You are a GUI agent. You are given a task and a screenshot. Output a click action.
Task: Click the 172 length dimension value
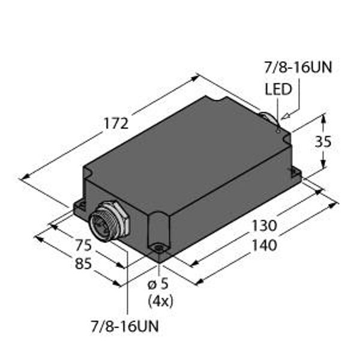click(116, 123)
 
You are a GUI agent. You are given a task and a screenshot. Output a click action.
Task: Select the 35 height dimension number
click(323, 142)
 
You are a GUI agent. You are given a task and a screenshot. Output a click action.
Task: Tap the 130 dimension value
click(265, 226)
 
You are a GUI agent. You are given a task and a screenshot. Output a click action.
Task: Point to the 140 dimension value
click(265, 245)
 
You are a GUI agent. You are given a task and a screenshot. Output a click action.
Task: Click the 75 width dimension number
click(83, 245)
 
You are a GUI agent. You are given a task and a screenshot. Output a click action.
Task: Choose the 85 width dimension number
click(83, 263)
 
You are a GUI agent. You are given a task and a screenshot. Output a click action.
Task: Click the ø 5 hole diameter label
click(158, 284)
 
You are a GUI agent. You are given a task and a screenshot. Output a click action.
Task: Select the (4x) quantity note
click(160, 301)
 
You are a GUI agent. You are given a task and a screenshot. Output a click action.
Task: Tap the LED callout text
click(278, 89)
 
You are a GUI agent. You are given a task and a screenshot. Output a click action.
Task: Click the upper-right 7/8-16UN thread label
click(298, 67)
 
